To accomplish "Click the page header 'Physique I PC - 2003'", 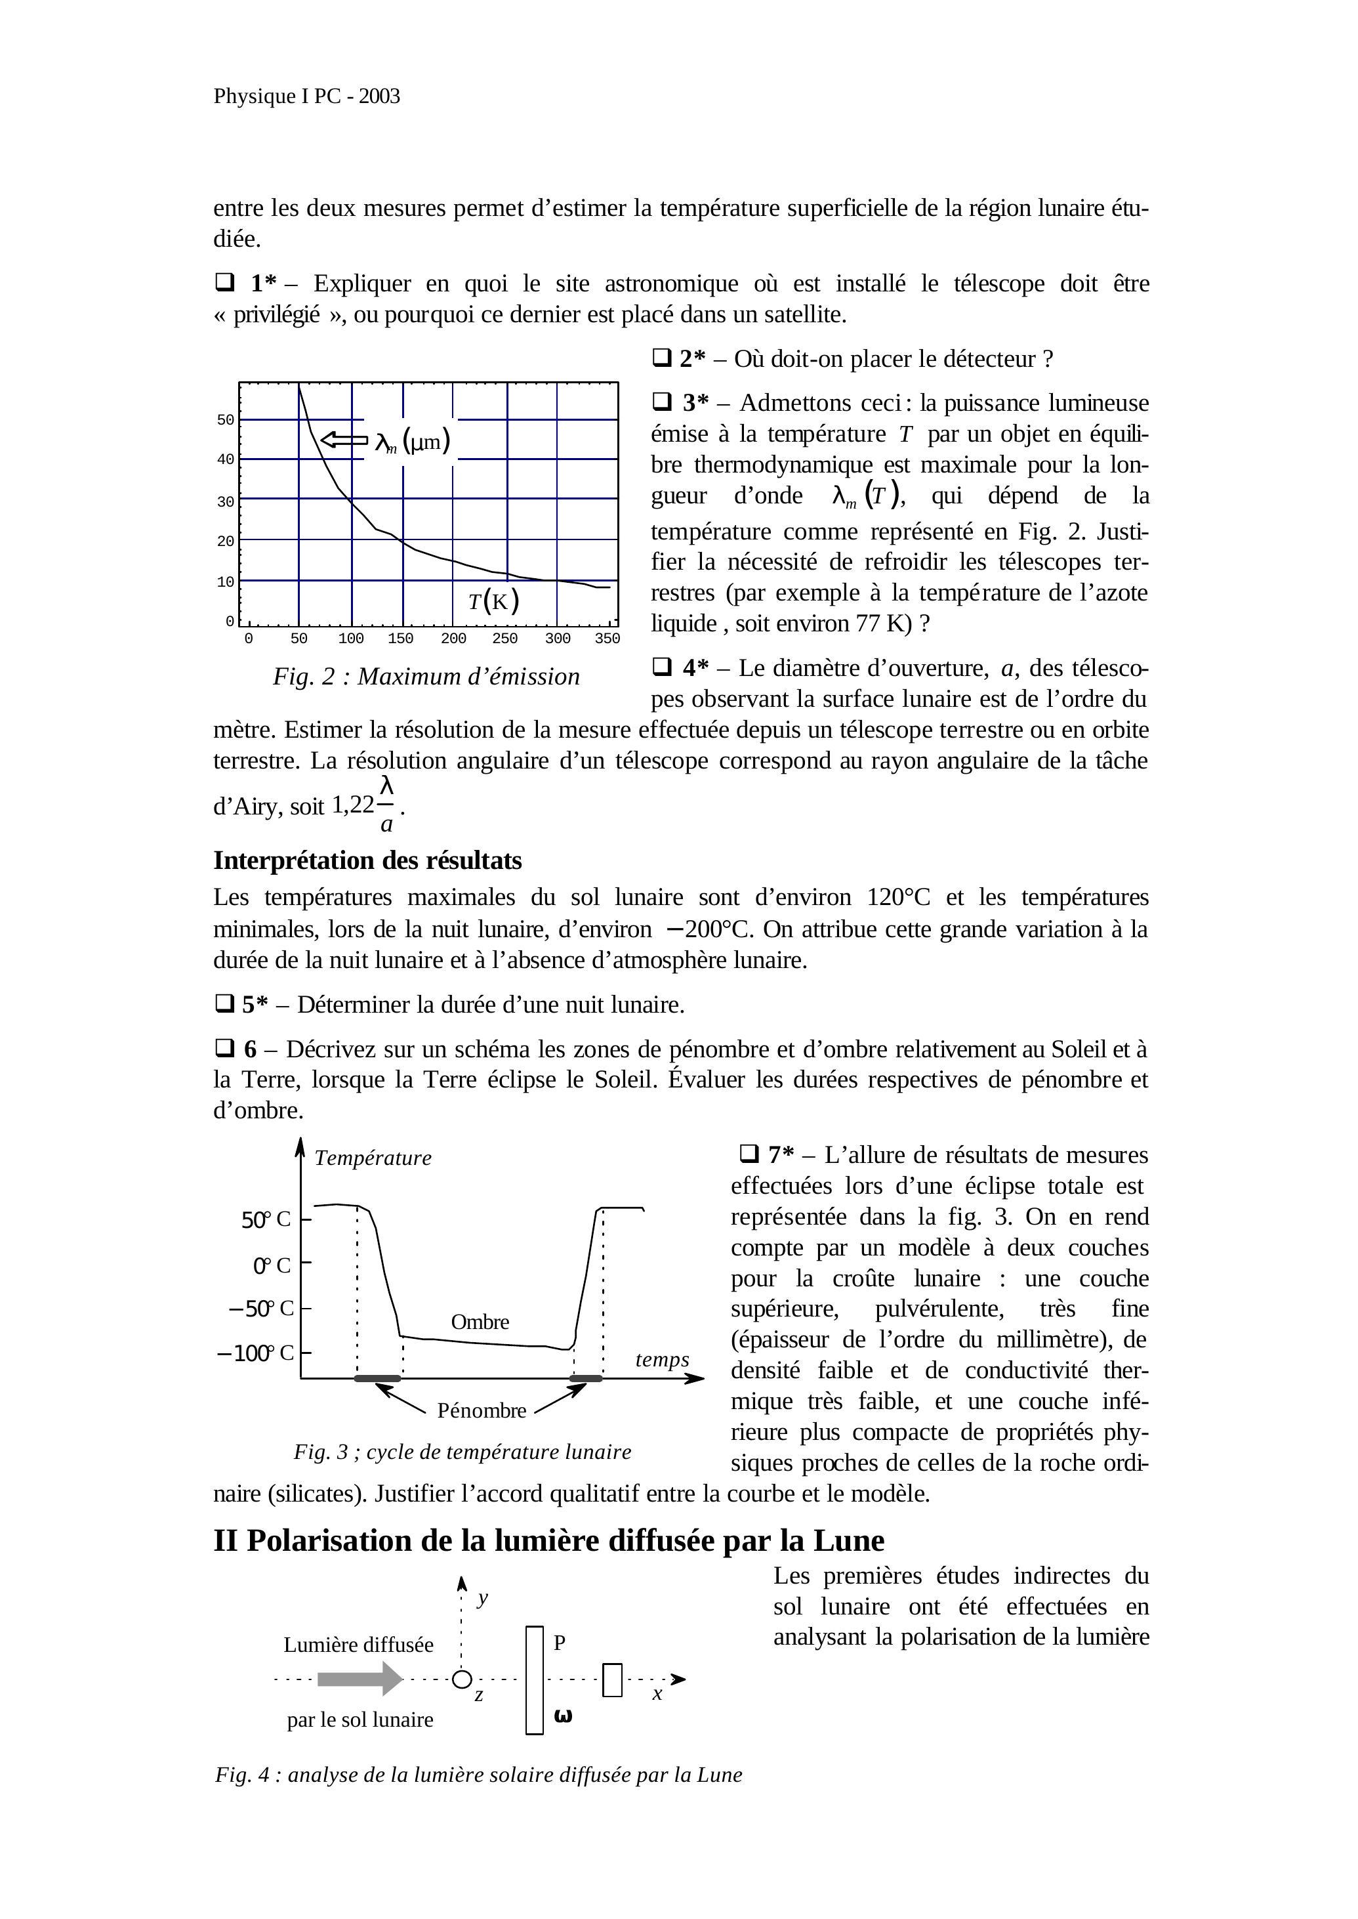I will pos(306,96).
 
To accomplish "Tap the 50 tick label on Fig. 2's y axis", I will pos(226,420).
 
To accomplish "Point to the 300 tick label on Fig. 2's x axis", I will pos(557,639).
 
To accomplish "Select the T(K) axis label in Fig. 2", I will pos(493,601).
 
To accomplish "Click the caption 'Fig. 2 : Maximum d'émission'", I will pos(426,677).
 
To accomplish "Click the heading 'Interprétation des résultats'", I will pos(367,861).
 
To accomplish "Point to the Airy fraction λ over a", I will pos(386,805).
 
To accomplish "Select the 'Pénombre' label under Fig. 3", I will pos(482,1410).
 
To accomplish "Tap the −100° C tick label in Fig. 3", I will pos(255,1353).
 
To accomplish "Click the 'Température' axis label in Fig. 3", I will pos(373,1158).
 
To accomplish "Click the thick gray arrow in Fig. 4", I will pos(360,1679).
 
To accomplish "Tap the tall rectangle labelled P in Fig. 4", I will pos(534,1679).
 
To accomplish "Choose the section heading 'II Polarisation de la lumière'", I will pos(548,1541).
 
